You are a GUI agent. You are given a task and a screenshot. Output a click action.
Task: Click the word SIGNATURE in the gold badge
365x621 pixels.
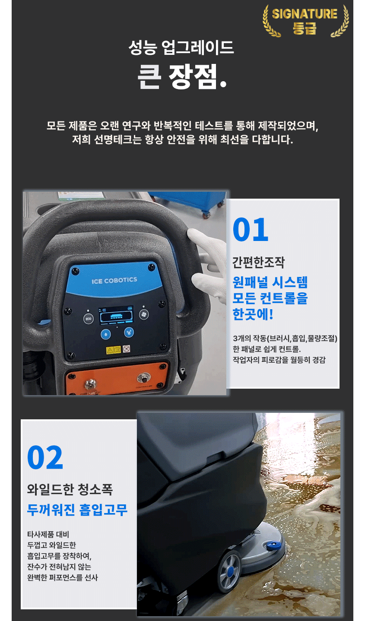(305, 14)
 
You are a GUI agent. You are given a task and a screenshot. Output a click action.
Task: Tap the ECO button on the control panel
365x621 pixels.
(89, 319)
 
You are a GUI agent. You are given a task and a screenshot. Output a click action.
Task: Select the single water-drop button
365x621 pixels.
(106, 334)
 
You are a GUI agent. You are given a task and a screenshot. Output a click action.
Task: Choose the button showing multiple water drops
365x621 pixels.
(129, 332)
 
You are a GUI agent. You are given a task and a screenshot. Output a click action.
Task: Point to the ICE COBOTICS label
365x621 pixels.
(114, 280)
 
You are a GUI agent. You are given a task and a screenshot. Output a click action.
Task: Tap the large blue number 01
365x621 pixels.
(250, 229)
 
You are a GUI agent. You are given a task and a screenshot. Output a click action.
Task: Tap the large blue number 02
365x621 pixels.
(45, 457)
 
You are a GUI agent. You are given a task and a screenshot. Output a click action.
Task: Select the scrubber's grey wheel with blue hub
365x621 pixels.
(229, 571)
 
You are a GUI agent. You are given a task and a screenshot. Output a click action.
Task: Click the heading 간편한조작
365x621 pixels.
(258, 262)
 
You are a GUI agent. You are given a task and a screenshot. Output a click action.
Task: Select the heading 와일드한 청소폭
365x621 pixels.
(70, 489)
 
